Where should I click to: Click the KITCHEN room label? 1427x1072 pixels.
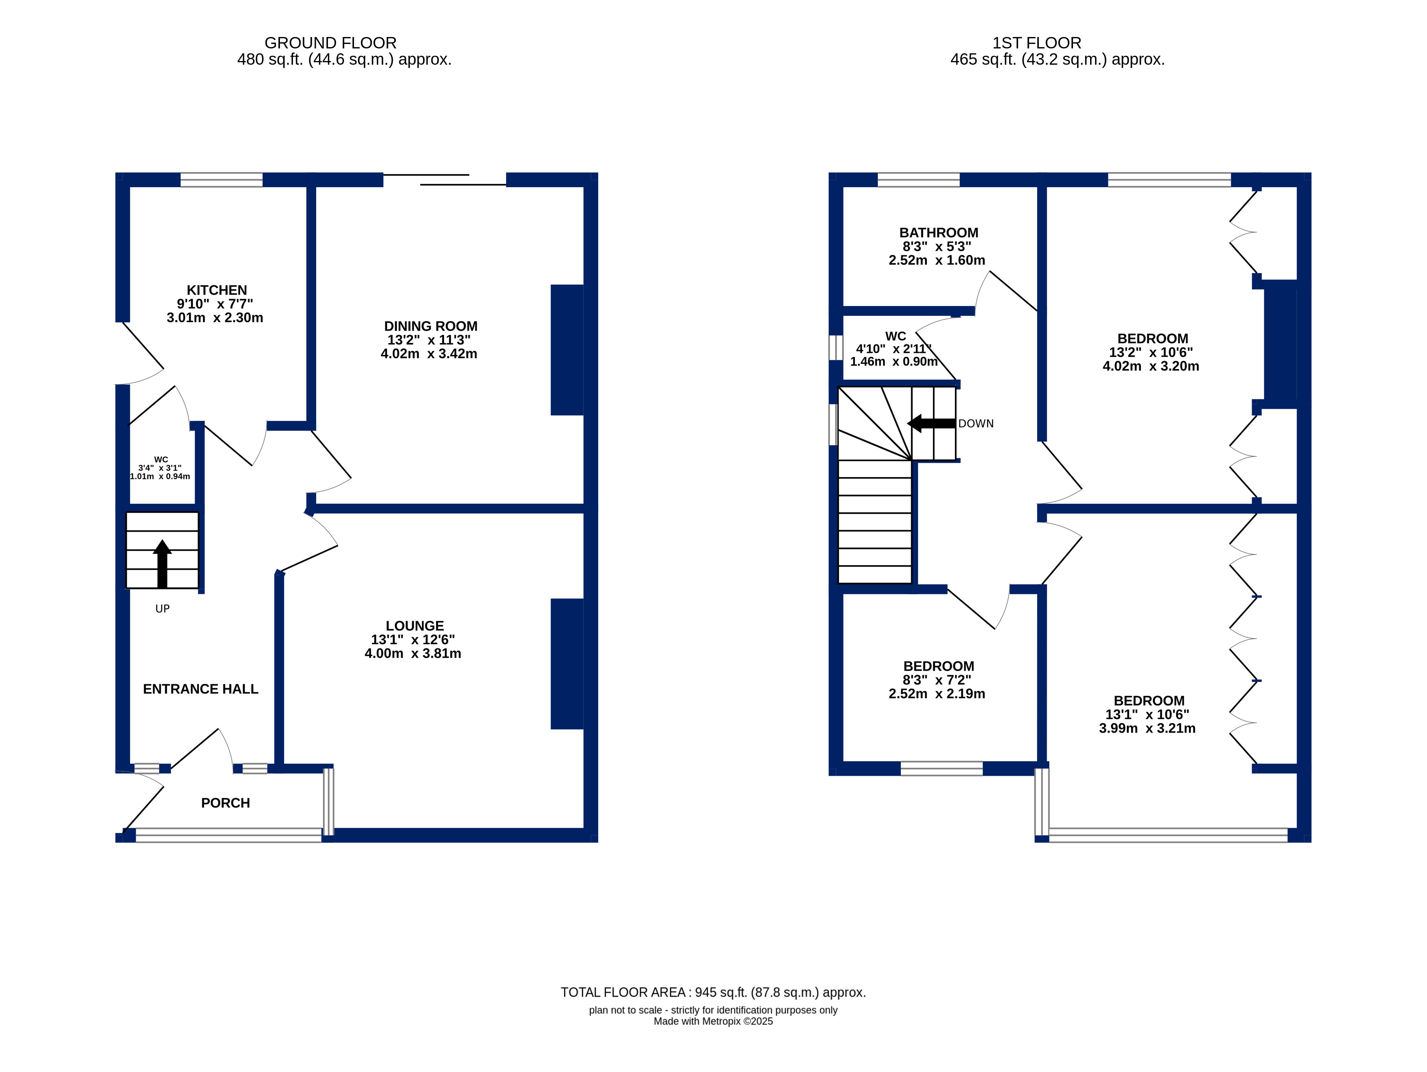pyautogui.click(x=217, y=291)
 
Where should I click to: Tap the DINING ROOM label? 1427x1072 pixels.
pyautogui.click(x=431, y=326)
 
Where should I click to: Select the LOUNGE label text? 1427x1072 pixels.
pyautogui.click(x=415, y=626)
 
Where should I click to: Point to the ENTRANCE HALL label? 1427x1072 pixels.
pyautogui.click(x=201, y=689)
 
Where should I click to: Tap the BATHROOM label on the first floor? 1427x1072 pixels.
pyautogui.click(x=939, y=233)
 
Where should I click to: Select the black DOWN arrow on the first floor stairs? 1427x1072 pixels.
pyautogui.click(x=931, y=423)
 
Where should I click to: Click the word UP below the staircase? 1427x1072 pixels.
pyautogui.click(x=163, y=608)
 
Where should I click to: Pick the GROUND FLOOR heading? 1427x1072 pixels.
pyautogui.click(x=330, y=43)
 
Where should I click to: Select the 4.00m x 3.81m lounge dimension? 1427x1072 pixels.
pyautogui.click(x=413, y=653)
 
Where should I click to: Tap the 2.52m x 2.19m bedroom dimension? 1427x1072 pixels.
pyautogui.click(x=937, y=694)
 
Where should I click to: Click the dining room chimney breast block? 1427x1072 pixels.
pyautogui.click(x=567, y=350)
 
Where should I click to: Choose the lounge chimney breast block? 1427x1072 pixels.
pyautogui.click(x=567, y=664)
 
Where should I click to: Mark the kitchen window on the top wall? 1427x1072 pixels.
pyautogui.click(x=221, y=179)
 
